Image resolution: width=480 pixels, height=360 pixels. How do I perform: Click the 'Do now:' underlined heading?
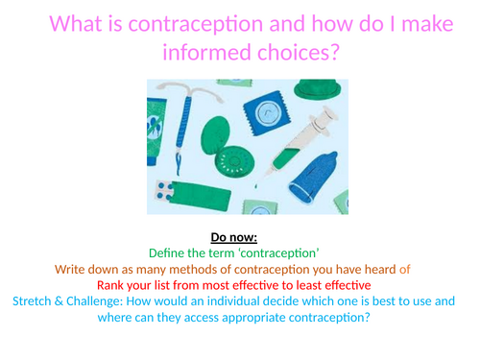click(239, 236)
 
